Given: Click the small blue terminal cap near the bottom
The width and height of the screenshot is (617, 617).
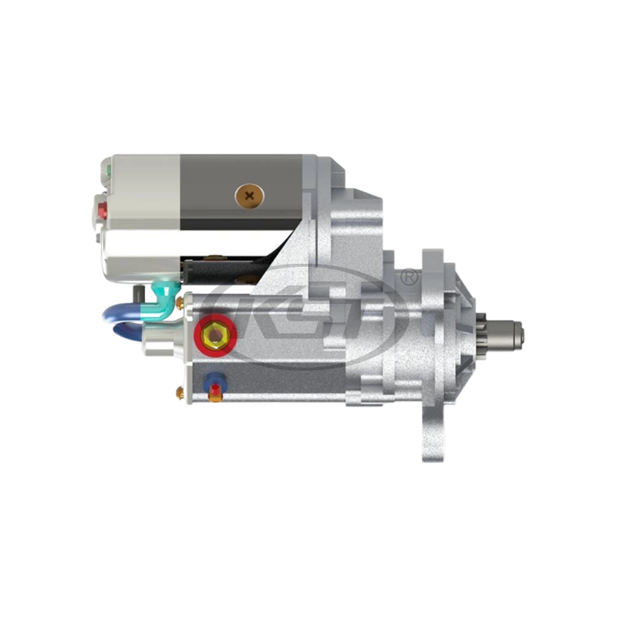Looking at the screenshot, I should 214,383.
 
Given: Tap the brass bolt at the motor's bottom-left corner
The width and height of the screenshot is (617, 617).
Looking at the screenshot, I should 182,395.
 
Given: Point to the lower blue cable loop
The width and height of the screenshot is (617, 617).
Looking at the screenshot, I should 127,333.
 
